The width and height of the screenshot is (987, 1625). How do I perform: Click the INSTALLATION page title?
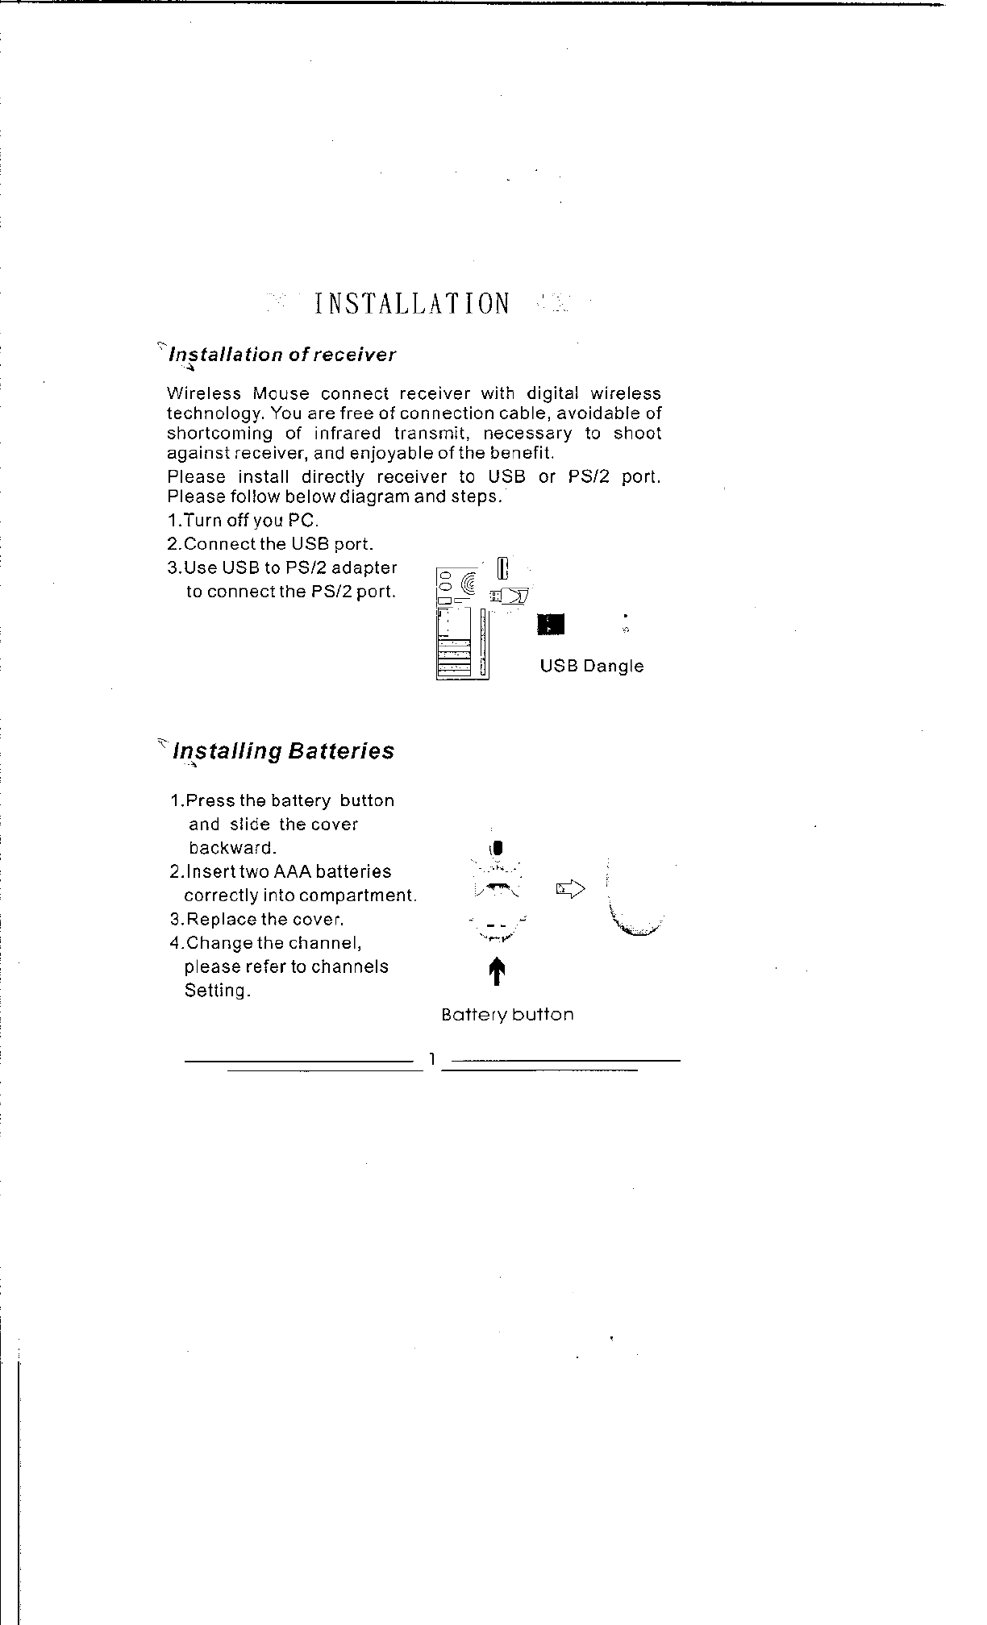[412, 304]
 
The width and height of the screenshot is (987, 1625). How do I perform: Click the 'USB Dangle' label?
[591, 666]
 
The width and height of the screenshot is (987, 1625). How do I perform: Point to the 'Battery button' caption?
[507, 1015]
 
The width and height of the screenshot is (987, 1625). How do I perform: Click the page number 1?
[433, 1059]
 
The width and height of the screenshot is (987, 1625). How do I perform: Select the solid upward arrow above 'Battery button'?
[498, 970]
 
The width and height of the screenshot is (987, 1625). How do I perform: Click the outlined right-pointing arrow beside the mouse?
[569, 889]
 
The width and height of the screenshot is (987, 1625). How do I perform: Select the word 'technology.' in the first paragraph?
[215, 414]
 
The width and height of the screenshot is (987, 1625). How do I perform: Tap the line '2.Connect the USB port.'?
[269, 545]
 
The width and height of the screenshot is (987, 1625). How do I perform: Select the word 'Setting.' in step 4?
[217, 991]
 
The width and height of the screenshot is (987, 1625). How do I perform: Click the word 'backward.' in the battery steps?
[233, 848]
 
